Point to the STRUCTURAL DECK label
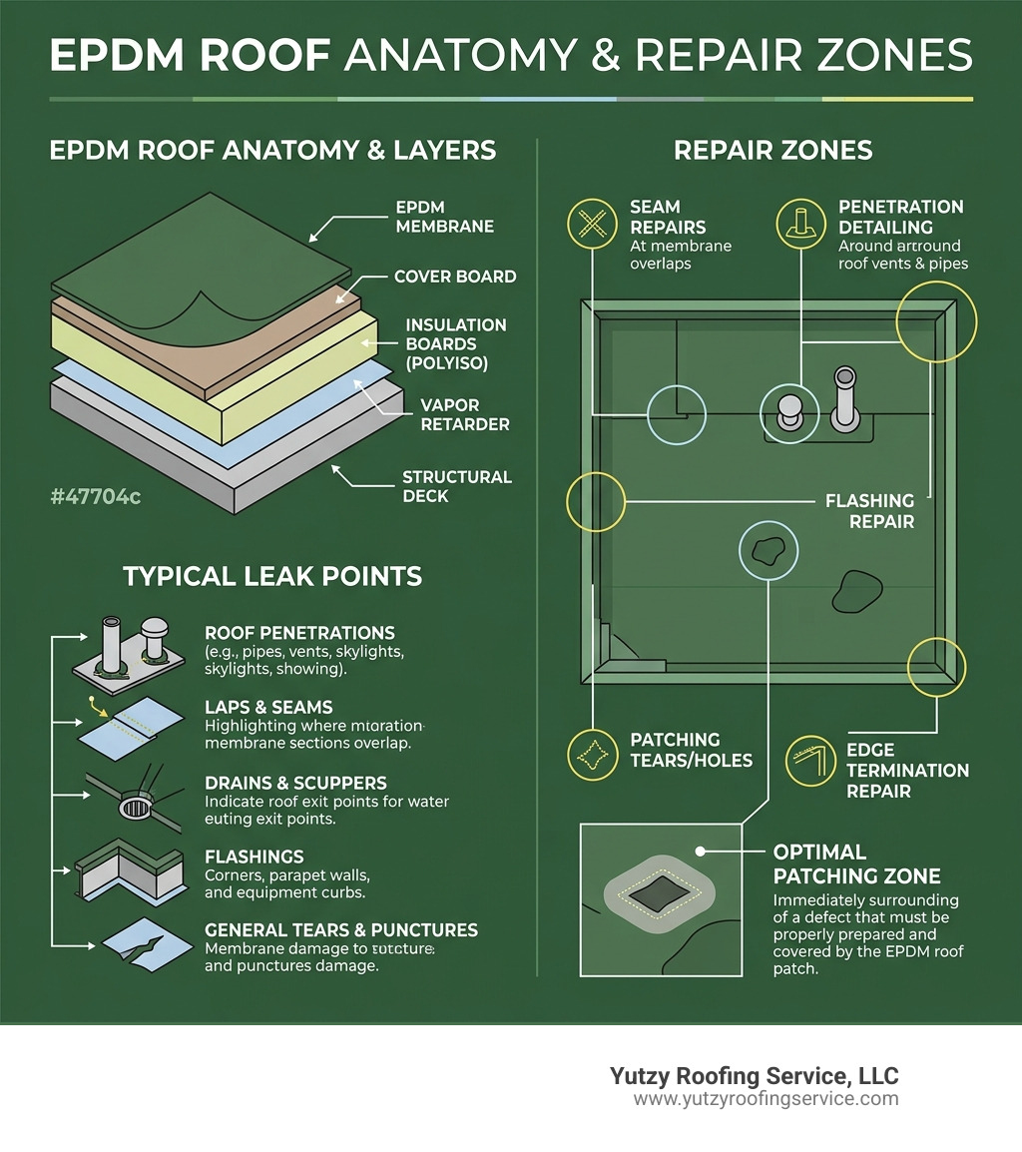pos(456,487)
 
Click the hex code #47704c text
pos(95,495)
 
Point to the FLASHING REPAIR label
pos(869,511)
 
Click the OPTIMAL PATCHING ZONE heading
pos(856,864)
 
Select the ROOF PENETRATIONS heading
pos(299,633)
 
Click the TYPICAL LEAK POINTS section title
pos(271,576)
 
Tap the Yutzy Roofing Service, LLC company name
pos(754,1076)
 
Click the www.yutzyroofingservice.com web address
pos(766,1099)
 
